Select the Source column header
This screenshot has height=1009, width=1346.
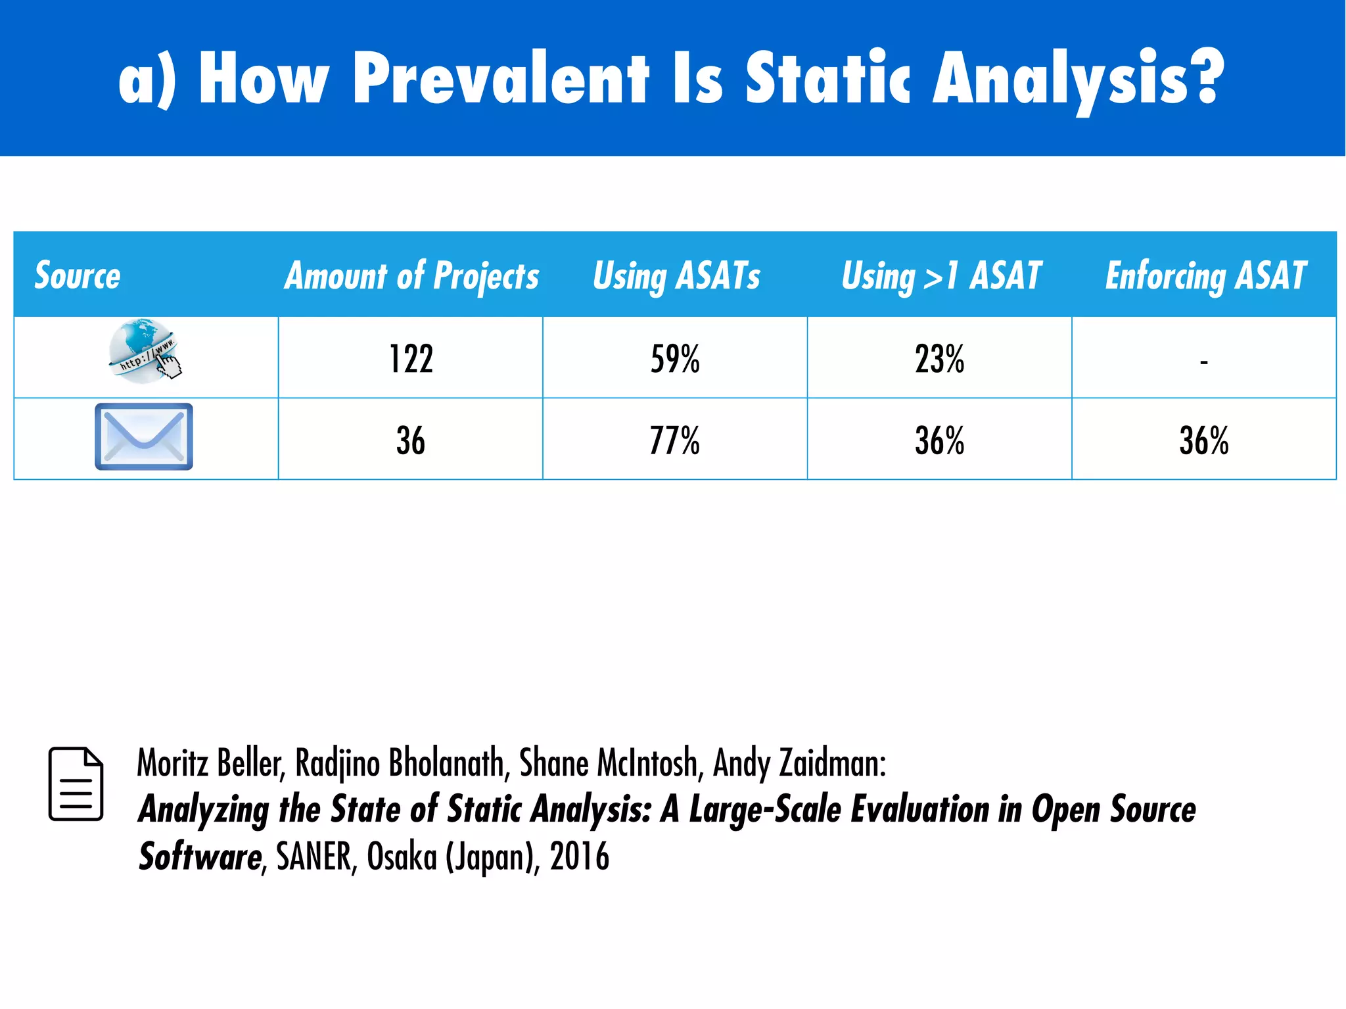78,275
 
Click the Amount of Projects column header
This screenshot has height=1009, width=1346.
411,275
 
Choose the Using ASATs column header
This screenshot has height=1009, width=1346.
676,275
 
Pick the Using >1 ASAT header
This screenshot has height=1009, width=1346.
941,275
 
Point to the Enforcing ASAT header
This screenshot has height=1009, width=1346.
1205,275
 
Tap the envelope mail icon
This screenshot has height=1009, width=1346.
144,436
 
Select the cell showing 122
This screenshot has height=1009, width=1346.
411,359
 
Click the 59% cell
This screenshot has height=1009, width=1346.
675,359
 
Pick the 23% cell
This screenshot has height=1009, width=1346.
939,359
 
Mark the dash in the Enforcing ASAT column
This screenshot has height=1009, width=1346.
1203,362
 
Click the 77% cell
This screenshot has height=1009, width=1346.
675,440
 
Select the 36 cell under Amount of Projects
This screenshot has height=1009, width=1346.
411,440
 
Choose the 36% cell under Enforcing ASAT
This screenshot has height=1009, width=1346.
1203,440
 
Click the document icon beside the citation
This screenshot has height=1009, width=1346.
76,784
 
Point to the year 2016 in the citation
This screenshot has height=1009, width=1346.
580,856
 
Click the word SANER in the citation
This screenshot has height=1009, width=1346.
313,856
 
